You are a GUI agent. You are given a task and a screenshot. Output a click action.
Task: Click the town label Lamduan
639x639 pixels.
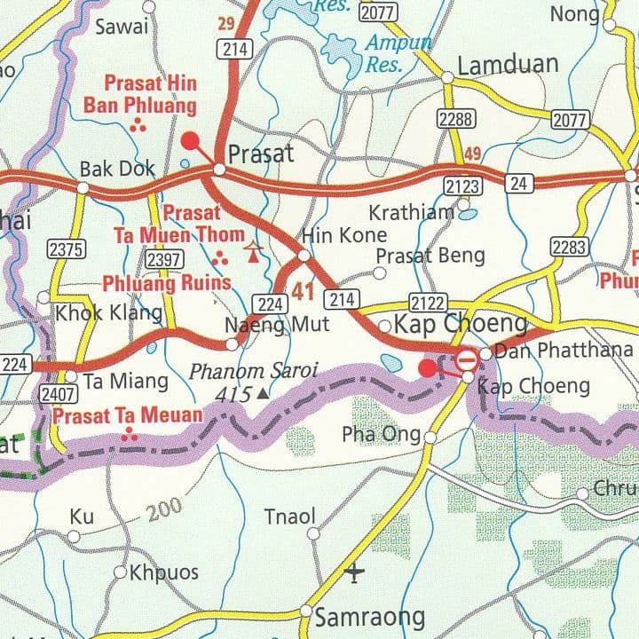pyautogui.click(x=508, y=64)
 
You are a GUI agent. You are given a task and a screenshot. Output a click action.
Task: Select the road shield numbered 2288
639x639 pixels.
pyautogui.click(x=455, y=119)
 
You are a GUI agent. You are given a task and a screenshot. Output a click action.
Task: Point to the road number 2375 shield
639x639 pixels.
pyautogui.click(x=66, y=249)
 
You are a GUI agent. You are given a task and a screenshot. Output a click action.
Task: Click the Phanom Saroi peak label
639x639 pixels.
pyautogui.click(x=253, y=371)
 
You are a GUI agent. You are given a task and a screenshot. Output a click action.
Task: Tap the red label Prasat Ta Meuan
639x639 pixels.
pyautogui.click(x=128, y=415)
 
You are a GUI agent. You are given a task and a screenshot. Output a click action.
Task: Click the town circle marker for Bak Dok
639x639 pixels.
pyautogui.click(x=83, y=187)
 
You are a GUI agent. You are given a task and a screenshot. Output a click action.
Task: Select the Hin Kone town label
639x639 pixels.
pyautogui.click(x=344, y=234)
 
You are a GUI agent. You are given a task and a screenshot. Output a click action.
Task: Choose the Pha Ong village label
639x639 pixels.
pyautogui.click(x=382, y=434)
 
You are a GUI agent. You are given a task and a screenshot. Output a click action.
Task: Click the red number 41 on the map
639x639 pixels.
pyautogui.click(x=303, y=288)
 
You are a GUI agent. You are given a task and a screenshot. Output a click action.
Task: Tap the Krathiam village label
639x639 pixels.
pyautogui.click(x=412, y=213)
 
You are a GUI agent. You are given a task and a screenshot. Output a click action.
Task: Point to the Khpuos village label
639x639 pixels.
pyautogui.click(x=164, y=572)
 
